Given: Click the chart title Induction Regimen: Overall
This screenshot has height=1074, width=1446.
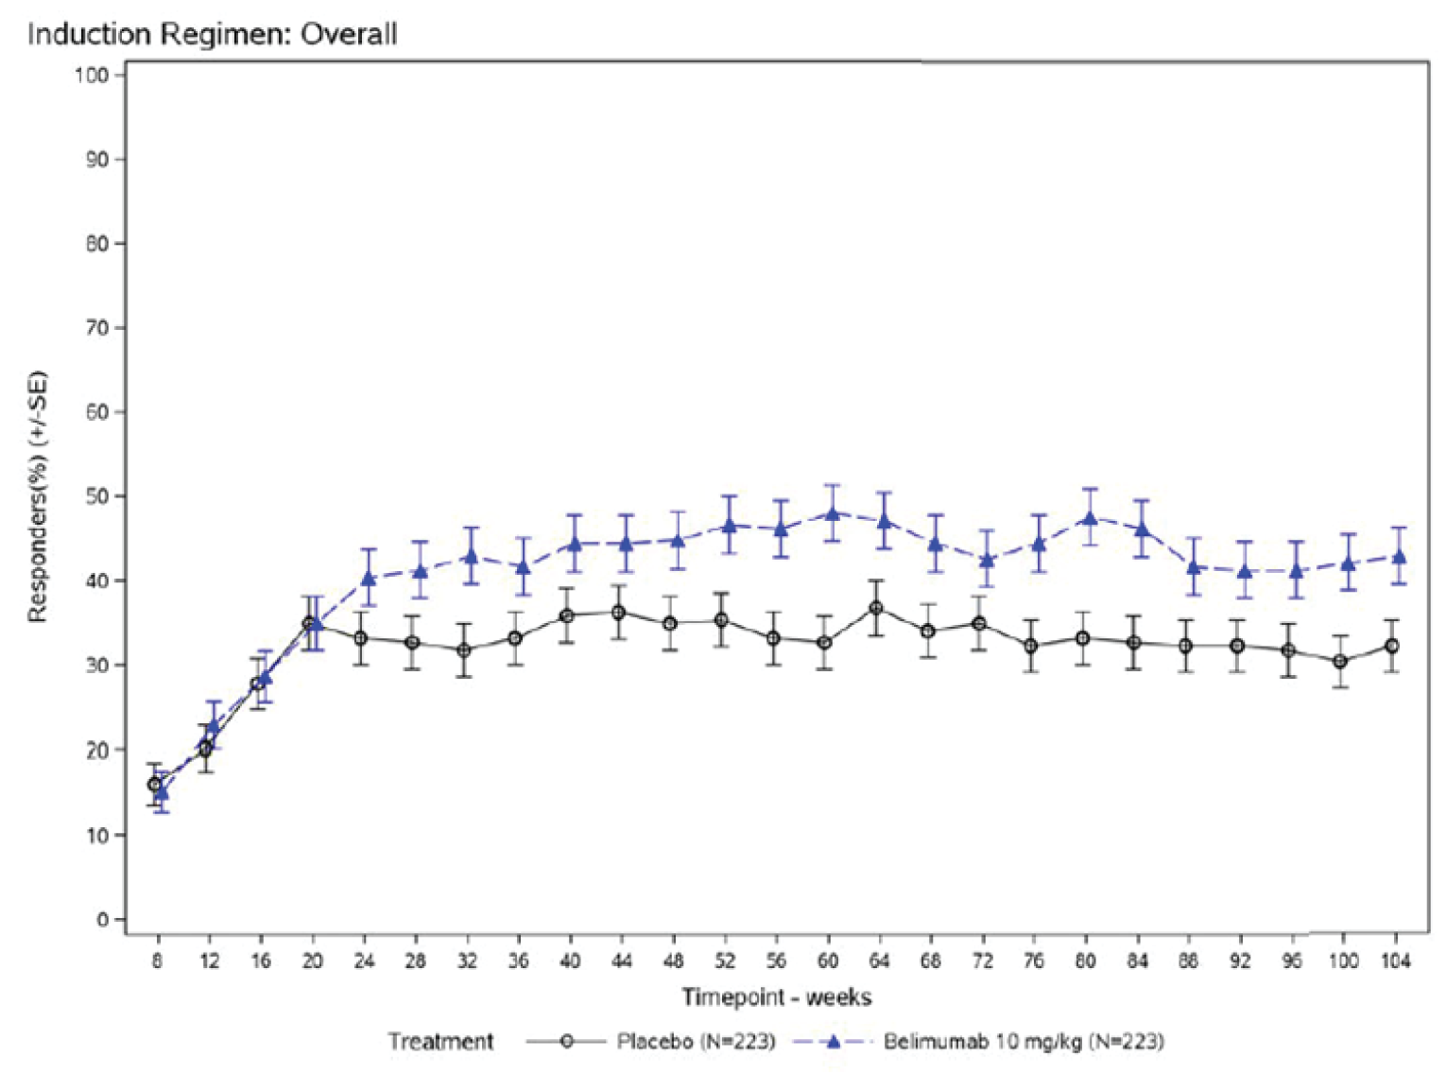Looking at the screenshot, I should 212,34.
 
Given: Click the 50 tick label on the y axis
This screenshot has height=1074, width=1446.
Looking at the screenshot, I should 96,496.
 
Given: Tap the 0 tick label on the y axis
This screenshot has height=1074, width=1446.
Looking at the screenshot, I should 102,919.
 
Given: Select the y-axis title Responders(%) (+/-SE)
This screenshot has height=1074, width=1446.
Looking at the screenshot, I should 38,496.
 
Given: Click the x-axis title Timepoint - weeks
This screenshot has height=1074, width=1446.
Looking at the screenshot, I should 776,996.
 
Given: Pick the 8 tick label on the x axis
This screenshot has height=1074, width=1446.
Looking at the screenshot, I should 157,961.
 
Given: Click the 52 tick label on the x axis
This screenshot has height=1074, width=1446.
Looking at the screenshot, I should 724,961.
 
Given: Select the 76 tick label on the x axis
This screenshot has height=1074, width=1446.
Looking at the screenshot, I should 1033,961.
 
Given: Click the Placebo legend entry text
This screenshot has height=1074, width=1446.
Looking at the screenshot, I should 696,1041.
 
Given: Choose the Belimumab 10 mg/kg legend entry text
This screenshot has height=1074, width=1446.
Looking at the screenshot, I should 1023,1041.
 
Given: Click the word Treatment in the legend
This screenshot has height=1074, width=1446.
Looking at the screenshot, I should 440,1041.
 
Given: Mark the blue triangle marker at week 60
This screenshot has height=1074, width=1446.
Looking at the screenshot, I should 832,513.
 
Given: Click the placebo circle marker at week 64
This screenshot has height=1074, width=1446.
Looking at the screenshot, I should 876,608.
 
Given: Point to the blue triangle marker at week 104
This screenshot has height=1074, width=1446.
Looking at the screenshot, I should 1400,557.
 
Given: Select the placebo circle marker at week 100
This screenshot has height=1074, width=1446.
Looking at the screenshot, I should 1339,661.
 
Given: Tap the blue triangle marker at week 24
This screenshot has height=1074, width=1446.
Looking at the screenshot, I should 369,578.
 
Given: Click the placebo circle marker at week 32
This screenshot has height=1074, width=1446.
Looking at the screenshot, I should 464,650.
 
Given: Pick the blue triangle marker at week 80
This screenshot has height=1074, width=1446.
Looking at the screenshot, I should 1090,517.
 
